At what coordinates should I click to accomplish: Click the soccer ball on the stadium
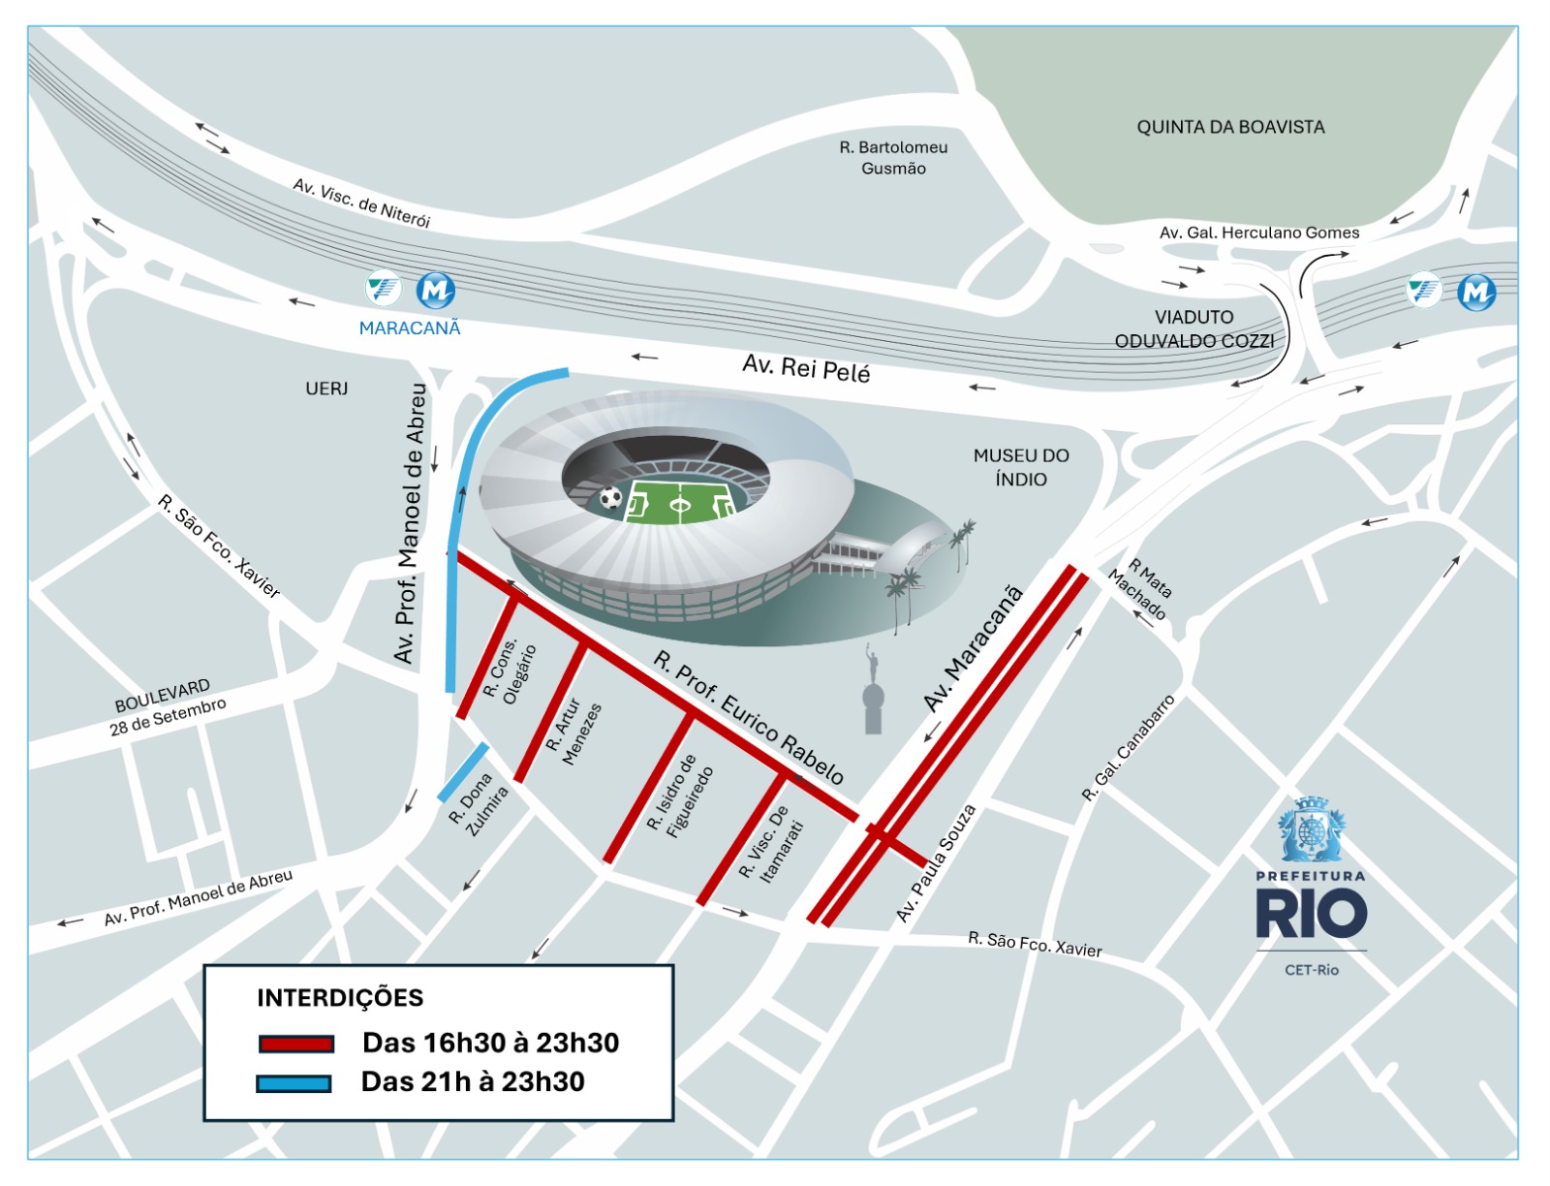pos(610,498)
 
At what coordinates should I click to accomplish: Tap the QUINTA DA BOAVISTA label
pos(1230,127)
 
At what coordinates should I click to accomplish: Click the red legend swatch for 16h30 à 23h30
pos(296,1044)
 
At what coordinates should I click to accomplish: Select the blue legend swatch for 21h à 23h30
pos(294,1083)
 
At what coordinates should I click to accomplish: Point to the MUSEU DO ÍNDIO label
pos(1021,467)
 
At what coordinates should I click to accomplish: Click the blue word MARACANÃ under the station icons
pos(410,328)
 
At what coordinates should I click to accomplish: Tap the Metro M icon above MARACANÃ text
pos(435,289)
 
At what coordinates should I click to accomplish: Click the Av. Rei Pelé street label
pos(806,368)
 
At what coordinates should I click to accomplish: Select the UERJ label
pos(326,389)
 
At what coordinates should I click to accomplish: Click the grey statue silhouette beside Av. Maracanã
pos(873,695)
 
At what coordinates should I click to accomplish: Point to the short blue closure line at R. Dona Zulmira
pos(463,772)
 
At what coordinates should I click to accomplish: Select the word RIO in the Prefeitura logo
pos(1311,914)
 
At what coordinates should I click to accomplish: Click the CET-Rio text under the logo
pos(1311,970)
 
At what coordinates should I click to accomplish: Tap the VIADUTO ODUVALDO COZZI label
pos(1193,329)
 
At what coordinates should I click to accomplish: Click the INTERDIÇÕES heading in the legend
pos(340,998)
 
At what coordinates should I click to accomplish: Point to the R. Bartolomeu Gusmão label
pos(893,158)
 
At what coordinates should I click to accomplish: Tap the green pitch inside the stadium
pos(681,502)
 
